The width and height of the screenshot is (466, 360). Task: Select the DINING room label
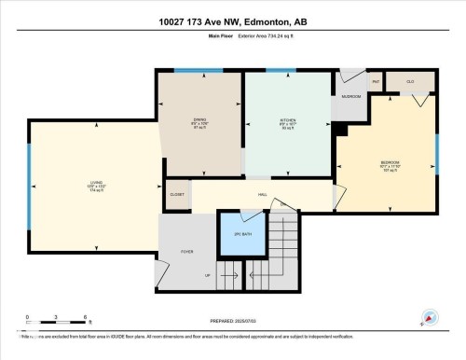(199, 121)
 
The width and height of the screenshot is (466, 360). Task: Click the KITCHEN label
(288, 121)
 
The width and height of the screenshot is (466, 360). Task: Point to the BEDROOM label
(391, 164)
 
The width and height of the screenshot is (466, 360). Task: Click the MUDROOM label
(350, 96)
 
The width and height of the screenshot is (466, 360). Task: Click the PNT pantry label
(377, 82)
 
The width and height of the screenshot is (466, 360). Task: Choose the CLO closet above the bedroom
(410, 82)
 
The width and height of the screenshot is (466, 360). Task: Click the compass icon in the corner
(430, 318)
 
